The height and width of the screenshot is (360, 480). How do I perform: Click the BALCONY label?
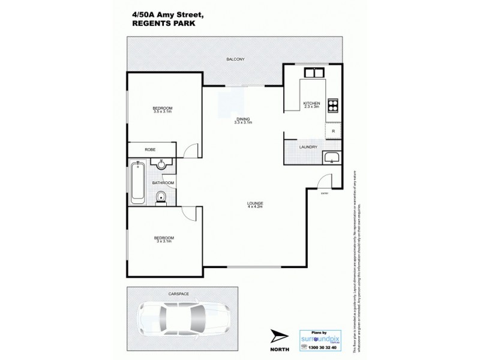235,59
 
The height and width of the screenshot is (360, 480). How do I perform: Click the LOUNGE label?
254,203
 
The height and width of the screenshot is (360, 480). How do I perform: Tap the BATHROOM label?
163,182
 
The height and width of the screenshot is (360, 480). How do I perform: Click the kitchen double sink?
314,73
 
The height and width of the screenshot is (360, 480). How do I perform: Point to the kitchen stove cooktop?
332,105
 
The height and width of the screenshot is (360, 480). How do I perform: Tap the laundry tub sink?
332,159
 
